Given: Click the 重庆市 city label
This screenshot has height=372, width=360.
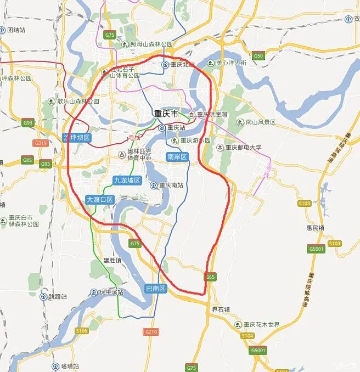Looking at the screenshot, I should click(x=166, y=114).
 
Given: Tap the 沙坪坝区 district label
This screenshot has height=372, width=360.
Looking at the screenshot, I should click(x=76, y=137).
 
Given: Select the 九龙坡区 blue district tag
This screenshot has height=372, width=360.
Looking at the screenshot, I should click(x=127, y=180).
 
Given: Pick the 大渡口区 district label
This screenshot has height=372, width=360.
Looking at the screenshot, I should click(x=100, y=200).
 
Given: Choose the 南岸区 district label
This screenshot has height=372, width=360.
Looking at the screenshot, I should click(x=177, y=157).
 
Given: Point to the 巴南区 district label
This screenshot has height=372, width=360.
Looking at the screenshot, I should click(x=155, y=288).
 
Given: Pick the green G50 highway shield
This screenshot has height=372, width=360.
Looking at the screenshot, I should click(x=258, y=56).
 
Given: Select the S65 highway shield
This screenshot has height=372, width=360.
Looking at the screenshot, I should click(x=211, y=277).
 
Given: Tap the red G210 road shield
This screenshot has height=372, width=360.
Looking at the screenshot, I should click(x=150, y=332).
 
